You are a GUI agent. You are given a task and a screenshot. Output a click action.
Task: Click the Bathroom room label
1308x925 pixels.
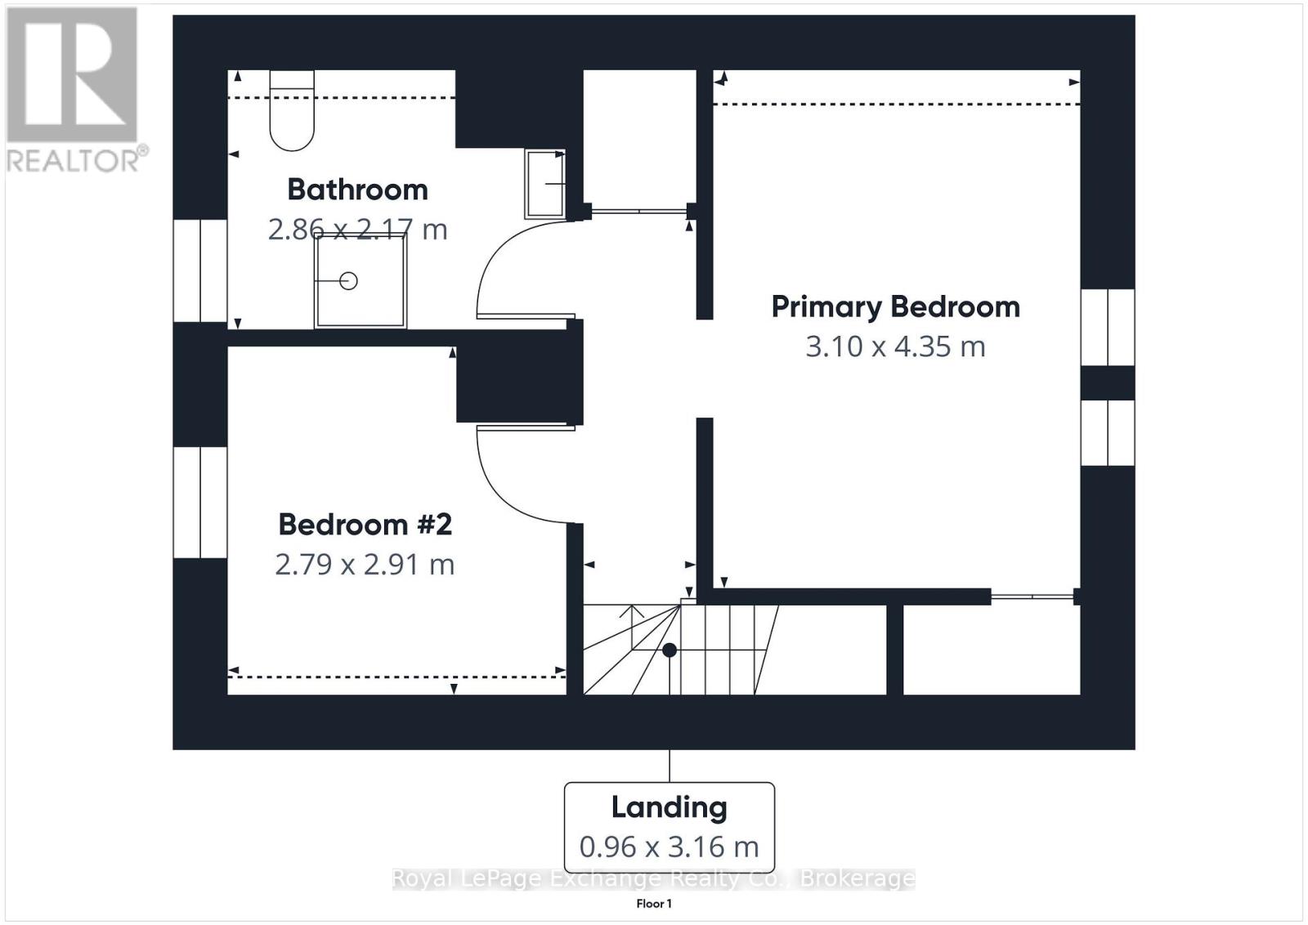tap(357, 190)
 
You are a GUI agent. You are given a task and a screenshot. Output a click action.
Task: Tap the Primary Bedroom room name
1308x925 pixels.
tap(896, 307)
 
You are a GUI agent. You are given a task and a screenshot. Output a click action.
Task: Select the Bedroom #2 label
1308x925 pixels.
tap(365, 525)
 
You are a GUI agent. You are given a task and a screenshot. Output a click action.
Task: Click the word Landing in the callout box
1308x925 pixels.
tap(670, 808)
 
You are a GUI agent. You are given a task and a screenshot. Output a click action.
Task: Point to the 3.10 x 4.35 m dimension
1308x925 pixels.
tap(896, 346)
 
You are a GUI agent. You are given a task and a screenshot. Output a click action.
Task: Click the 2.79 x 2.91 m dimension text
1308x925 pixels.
tap(365, 565)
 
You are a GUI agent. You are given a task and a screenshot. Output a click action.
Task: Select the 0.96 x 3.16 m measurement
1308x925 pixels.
tap(670, 847)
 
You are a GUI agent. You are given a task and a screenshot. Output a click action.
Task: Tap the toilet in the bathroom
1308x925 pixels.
tap(292, 110)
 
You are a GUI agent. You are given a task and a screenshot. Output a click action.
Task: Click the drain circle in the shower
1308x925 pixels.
tap(348, 281)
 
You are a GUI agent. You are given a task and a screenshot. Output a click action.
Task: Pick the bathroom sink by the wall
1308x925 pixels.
tap(545, 184)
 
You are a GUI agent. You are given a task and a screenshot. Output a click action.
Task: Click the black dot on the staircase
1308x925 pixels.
tap(670, 650)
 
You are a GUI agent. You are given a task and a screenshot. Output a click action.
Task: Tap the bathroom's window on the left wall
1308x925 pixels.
tap(200, 270)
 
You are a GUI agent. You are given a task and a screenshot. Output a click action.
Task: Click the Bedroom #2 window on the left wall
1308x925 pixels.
tap(200, 503)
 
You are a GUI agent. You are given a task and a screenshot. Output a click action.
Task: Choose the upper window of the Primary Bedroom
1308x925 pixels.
tap(1108, 328)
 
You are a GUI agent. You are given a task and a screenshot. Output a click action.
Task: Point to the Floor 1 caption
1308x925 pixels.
tap(654, 904)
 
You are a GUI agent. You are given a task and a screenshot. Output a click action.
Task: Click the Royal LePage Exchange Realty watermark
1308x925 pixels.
tap(653, 878)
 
